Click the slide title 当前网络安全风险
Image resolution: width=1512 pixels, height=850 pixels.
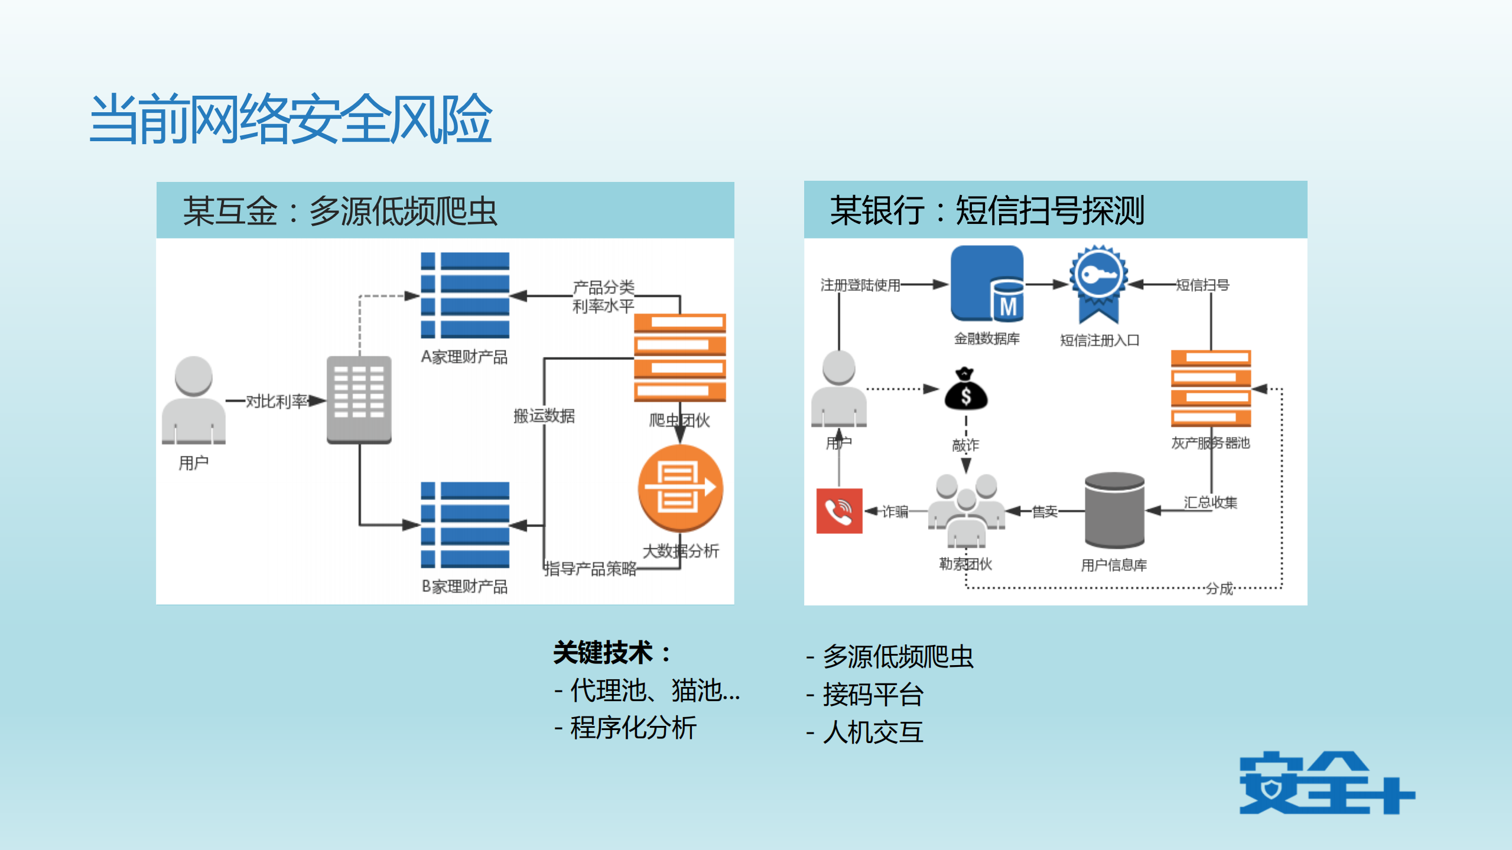[x=291, y=119]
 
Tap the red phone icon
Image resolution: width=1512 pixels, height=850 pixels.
[x=839, y=511]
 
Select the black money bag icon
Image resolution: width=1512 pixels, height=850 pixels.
[x=965, y=390]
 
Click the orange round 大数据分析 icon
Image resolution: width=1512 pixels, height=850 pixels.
[x=680, y=488]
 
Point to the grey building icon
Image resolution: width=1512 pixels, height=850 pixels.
[x=359, y=399]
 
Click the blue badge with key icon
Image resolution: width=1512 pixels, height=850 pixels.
[x=1098, y=282]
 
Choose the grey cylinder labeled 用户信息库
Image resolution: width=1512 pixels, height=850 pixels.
[x=1114, y=511]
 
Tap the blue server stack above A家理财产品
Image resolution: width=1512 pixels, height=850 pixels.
[x=465, y=295]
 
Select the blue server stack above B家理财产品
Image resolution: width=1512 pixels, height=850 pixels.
[x=465, y=525]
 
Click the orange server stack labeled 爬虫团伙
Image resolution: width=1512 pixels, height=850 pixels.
[x=679, y=358]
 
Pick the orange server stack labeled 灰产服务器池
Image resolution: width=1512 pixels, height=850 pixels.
[x=1211, y=389]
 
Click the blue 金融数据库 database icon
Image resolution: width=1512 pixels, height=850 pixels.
[x=987, y=284]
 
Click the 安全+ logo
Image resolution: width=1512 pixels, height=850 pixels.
[x=1326, y=783]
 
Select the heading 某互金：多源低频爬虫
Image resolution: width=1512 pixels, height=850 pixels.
[x=340, y=211]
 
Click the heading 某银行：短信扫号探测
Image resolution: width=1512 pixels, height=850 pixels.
[x=987, y=210]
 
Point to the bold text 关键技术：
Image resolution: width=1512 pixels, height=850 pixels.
[x=612, y=653]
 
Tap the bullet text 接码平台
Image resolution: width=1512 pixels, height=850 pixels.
[x=873, y=695]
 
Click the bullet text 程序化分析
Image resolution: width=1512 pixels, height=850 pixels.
[x=633, y=728]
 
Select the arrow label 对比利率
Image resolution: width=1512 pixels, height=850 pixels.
[x=277, y=402]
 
